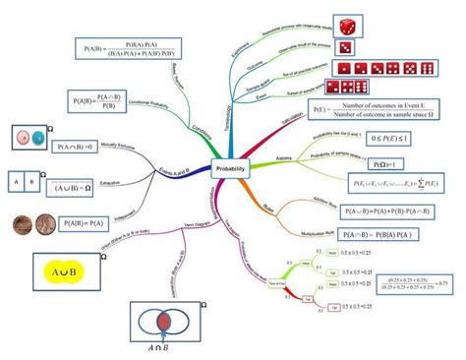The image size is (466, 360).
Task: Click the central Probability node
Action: (x=232, y=169)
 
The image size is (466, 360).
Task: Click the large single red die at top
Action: (x=349, y=26)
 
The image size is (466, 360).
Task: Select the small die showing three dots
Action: (x=345, y=46)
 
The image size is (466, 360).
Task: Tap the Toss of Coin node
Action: (x=278, y=283)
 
